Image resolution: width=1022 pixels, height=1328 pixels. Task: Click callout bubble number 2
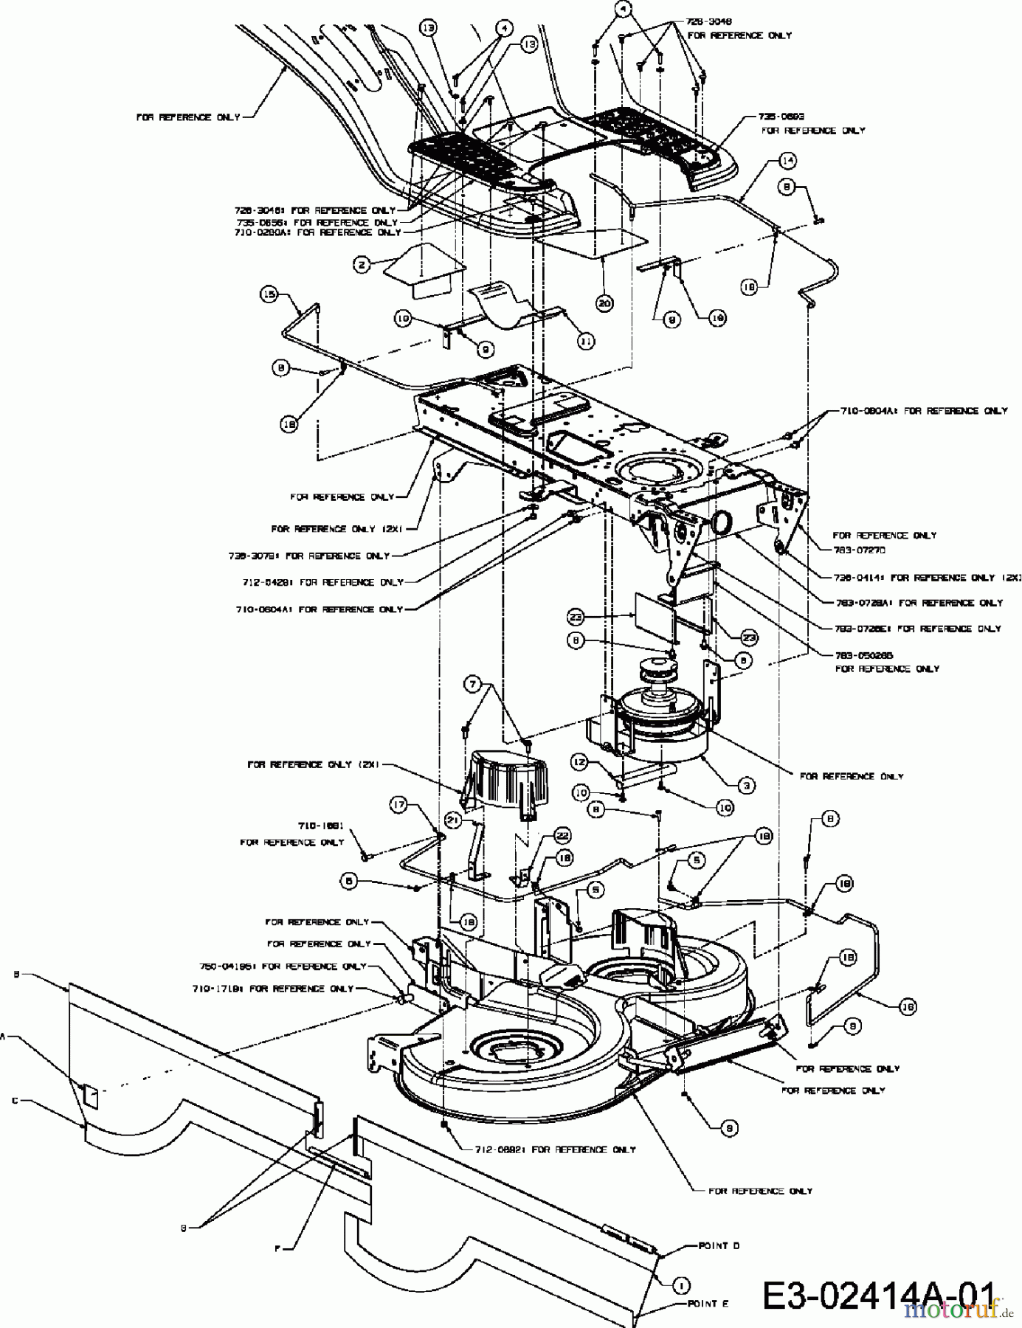pyautogui.click(x=361, y=264)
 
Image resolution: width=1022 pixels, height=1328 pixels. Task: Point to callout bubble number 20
pyautogui.click(x=605, y=303)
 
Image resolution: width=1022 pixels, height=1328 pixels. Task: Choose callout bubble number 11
pyautogui.click(x=586, y=341)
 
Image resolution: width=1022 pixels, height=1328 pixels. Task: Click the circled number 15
pyautogui.click(x=269, y=294)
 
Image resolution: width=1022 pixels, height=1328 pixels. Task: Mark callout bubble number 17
pyautogui.click(x=399, y=806)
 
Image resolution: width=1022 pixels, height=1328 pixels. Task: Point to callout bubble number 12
pyautogui.click(x=580, y=761)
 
